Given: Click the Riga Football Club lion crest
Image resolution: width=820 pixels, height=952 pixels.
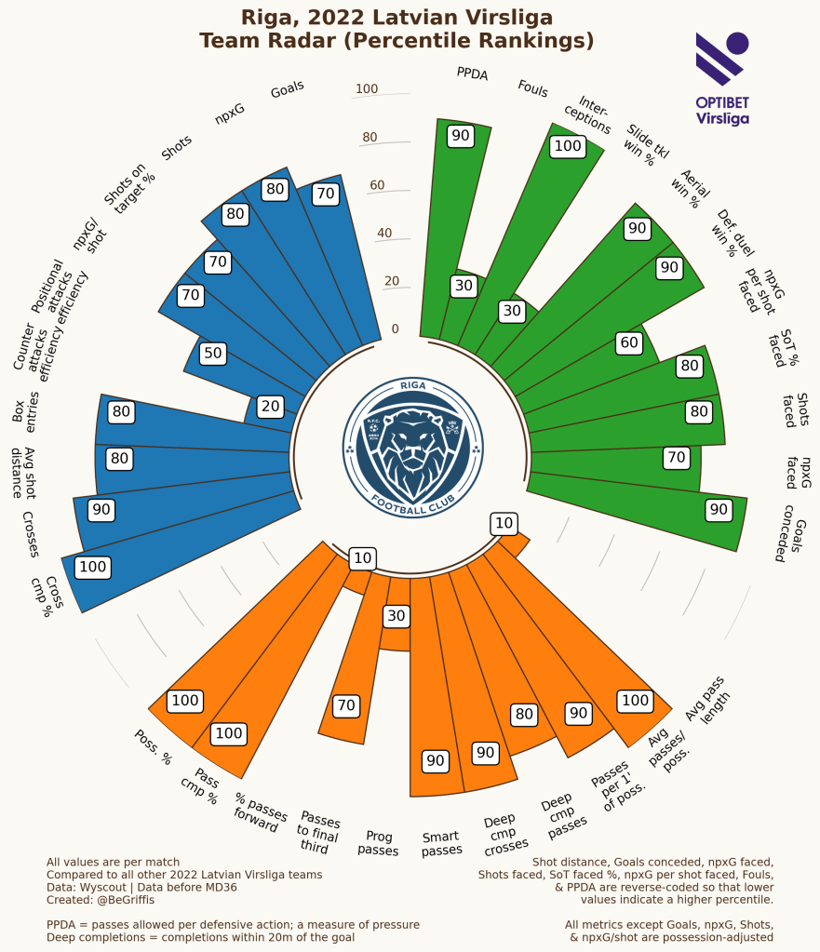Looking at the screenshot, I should pyautogui.click(x=413, y=448).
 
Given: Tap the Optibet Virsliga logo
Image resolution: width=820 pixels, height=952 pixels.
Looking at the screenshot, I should pyautogui.click(x=722, y=78).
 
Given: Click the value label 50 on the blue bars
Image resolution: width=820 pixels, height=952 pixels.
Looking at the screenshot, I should pyautogui.click(x=213, y=354).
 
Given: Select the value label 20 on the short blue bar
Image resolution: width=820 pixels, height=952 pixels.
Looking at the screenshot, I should pyautogui.click(x=270, y=406).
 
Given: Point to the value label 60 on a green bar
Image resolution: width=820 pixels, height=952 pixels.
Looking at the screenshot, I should pyautogui.click(x=629, y=343).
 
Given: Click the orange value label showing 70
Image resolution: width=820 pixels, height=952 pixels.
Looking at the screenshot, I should pyautogui.click(x=346, y=705).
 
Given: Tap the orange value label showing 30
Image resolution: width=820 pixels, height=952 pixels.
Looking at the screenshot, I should pyautogui.click(x=397, y=615).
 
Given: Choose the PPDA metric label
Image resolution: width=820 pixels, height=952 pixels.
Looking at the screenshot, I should pyautogui.click(x=472, y=74).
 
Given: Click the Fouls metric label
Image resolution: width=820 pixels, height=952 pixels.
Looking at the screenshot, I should pyautogui.click(x=532, y=89).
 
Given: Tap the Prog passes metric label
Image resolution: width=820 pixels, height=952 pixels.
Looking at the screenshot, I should pyautogui.click(x=378, y=843).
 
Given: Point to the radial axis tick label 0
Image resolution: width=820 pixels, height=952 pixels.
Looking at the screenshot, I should pyautogui.click(x=395, y=329).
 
